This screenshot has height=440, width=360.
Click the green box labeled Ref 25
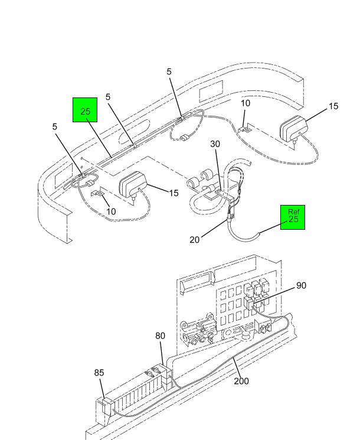click(x=293, y=217)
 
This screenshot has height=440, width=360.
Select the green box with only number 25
click(x=85, y=110)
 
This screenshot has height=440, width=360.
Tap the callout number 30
click(x=215, y=144)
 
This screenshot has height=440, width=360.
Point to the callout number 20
click(x=194, y=240)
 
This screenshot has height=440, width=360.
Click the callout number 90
click(x=301, y=285)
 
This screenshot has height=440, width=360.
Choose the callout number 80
click(x=160, y=335)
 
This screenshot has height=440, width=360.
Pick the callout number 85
click(x=99, y=373)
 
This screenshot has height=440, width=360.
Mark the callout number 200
click(x=241, y=381)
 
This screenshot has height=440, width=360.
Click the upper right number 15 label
click(x=333, y=106)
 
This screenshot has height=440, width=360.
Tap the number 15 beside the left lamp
click(x=174, y=193)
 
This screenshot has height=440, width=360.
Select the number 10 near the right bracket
click(x=246, y=103)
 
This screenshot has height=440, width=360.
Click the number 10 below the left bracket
click(x=111, y=211)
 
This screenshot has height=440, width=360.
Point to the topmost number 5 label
click(x=169, y=72)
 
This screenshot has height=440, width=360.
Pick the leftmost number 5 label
click(x=55, y=126)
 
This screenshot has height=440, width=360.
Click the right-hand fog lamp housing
click(x=294, y=129)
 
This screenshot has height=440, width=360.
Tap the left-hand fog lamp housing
click(x=133, y=185)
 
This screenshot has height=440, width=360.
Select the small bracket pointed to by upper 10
click(x=245, y=130)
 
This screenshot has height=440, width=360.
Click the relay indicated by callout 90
click(x=248, y=304)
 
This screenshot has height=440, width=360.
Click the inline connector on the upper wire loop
click(x=185, y=138)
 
